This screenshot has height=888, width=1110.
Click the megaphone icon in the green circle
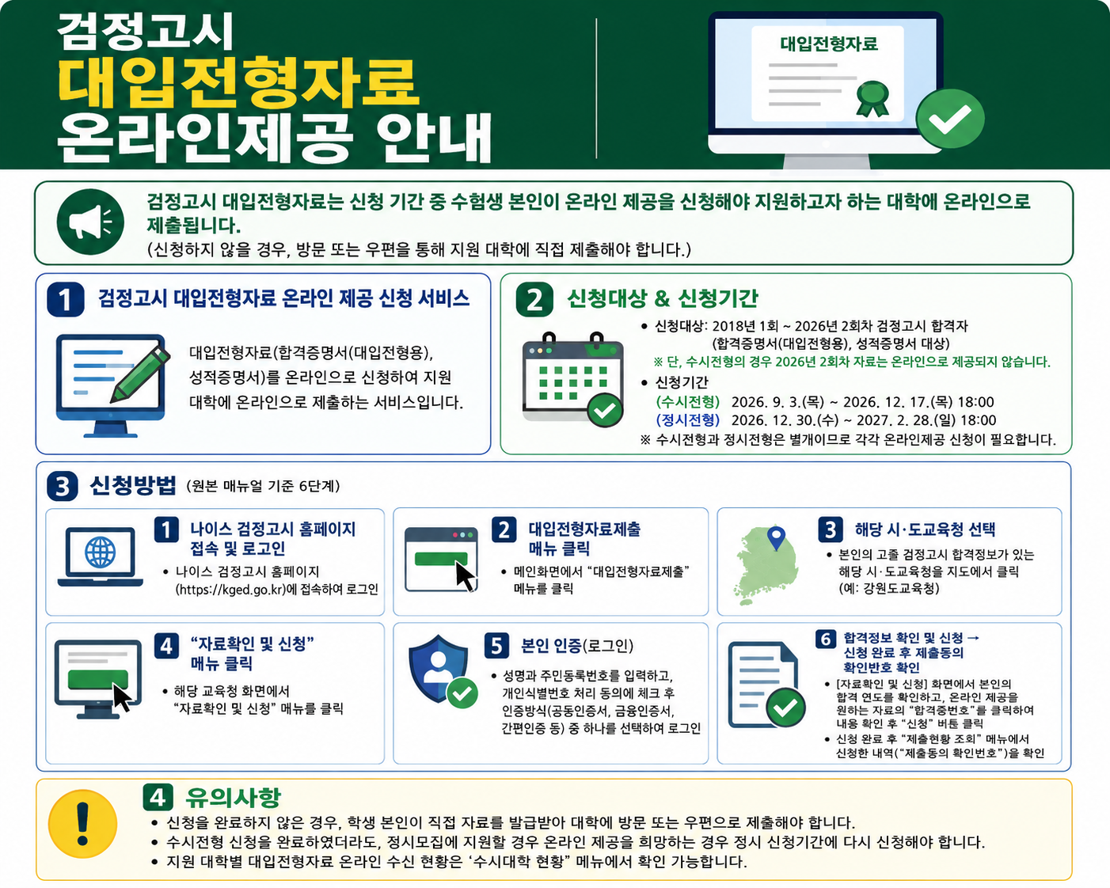click(90, 222)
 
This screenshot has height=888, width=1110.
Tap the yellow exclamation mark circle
click(82, 824)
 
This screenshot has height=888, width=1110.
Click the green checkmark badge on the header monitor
click(950, 119)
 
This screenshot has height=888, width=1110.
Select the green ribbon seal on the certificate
click(872, 98)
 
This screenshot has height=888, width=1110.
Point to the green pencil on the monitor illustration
click(140, 374)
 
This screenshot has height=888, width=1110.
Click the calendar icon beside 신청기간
click(572, 380)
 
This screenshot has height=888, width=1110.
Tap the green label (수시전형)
click(687, 402)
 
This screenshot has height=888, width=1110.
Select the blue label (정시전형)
click(687, 419)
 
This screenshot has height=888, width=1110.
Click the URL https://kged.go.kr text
click(230, 589)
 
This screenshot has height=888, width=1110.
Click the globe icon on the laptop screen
click(100, 552)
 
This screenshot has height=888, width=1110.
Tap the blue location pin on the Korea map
click(776, 538)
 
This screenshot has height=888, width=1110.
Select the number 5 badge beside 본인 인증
click(496, 646)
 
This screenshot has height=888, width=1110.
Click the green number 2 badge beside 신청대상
click(534, 299)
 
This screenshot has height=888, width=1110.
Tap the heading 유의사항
click(233, 797)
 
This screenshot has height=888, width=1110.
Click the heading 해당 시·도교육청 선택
click(925, 529)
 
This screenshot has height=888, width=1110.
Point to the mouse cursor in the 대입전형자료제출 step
click(466, 577)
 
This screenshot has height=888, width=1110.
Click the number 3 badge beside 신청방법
click(63, 486)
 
